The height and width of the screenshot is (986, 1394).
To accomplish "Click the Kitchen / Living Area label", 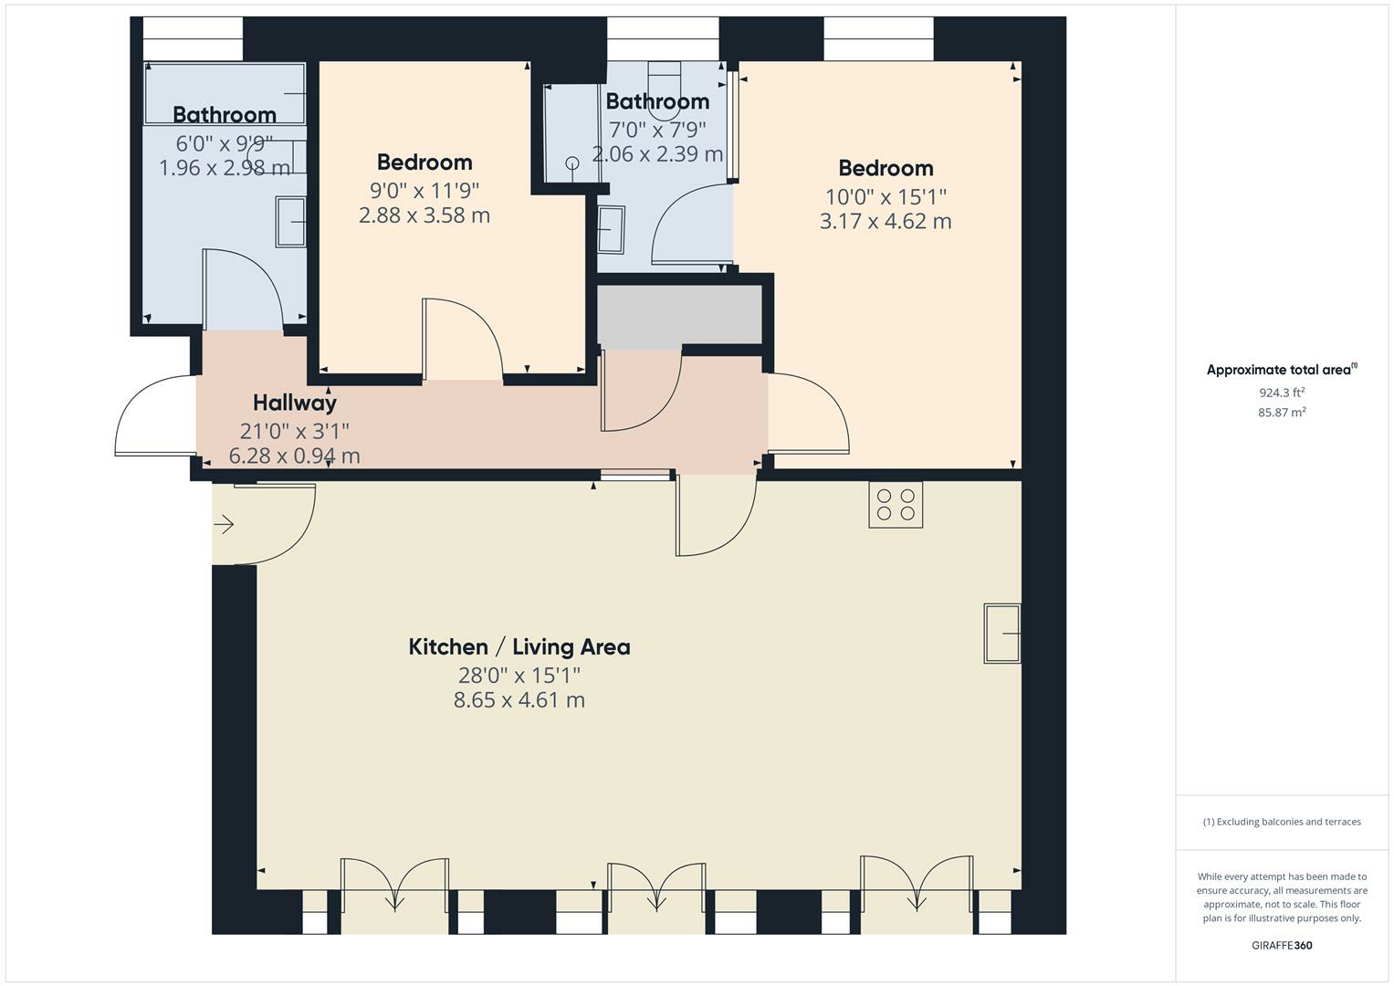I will click(x=519, y=647).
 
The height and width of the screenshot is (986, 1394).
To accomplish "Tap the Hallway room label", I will click(x=294, y=403).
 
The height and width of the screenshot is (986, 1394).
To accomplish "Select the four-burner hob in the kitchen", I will click(x=895, y=505).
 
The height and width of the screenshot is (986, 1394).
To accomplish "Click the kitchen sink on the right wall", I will click(x=1001, y=633).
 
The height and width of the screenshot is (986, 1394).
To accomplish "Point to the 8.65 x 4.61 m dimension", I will click(x=519, y=700).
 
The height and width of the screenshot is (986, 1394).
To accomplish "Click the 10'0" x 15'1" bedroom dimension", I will click(x=886, y=196).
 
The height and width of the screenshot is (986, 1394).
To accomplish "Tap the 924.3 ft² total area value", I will click(x=1282, y=393).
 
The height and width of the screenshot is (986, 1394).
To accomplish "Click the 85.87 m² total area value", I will click(x=1282, y=413).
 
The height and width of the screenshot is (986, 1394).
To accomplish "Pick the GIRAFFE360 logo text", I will click(x=1282, y=945).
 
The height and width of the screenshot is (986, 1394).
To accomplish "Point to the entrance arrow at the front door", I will click(x=225, y=524).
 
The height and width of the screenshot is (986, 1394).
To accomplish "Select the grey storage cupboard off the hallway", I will click(x=679, y=315).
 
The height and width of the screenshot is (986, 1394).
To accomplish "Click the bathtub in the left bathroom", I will click(x=225, y=92).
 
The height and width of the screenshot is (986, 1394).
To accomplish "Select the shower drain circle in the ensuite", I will click(x=572, y=163).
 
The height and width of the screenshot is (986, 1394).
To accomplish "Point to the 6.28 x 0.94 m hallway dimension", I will click(x=294, y=455).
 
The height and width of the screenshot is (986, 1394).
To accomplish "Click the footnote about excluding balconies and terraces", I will click(x=1282, y=822).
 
